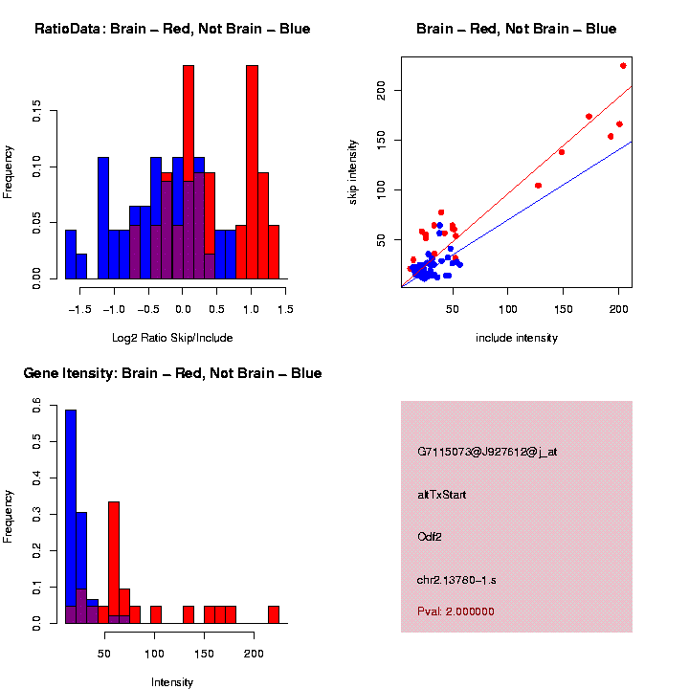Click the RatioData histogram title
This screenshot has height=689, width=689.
point(172,29)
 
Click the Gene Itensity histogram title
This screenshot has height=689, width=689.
point(172,373)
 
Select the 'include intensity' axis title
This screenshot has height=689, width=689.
point(517,337)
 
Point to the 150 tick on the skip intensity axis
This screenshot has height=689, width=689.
point(381,141)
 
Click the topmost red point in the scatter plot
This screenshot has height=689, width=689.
point(623,65)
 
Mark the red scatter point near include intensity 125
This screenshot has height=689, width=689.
point(538,185)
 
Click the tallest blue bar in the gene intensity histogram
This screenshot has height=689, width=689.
point(71,517)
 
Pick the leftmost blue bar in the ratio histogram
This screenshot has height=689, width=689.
point(71,255)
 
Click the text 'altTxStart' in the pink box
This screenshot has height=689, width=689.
point(442,495)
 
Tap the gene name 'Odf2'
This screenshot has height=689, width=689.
point(430,537)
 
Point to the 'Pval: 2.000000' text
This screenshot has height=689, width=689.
point(456,611)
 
